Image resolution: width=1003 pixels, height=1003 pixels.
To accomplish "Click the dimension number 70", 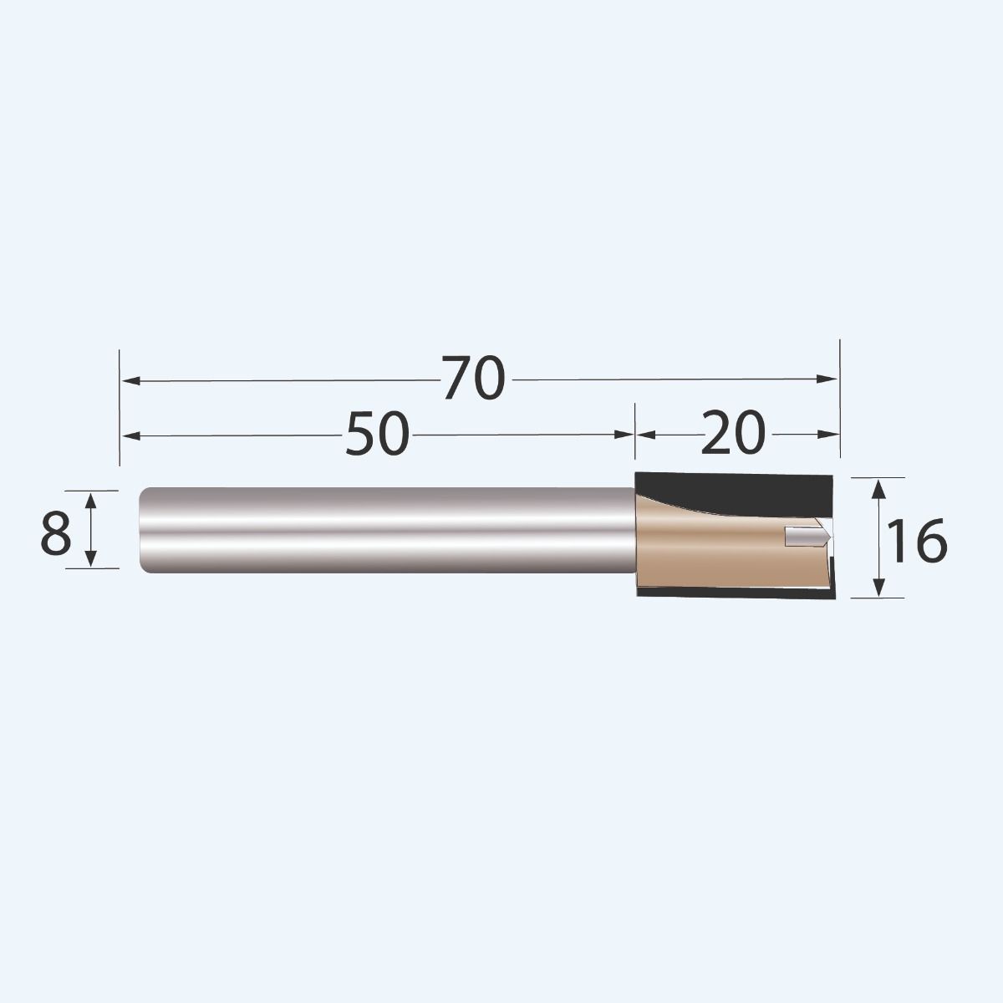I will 474,379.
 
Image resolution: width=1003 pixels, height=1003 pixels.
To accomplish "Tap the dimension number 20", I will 732,434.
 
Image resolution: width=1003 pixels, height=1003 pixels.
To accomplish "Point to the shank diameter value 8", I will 55,534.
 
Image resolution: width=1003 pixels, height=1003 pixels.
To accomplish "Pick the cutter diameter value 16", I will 917,542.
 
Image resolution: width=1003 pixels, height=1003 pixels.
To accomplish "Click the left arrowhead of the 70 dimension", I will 130,380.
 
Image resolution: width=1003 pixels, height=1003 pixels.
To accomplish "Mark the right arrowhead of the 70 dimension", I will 829,379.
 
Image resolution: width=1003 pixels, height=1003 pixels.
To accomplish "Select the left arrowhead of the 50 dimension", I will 130,435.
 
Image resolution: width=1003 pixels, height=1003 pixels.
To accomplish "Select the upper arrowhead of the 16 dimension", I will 878,487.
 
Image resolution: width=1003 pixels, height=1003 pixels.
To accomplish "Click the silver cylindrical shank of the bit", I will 376,530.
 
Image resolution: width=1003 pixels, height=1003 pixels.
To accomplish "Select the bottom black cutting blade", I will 736,594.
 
